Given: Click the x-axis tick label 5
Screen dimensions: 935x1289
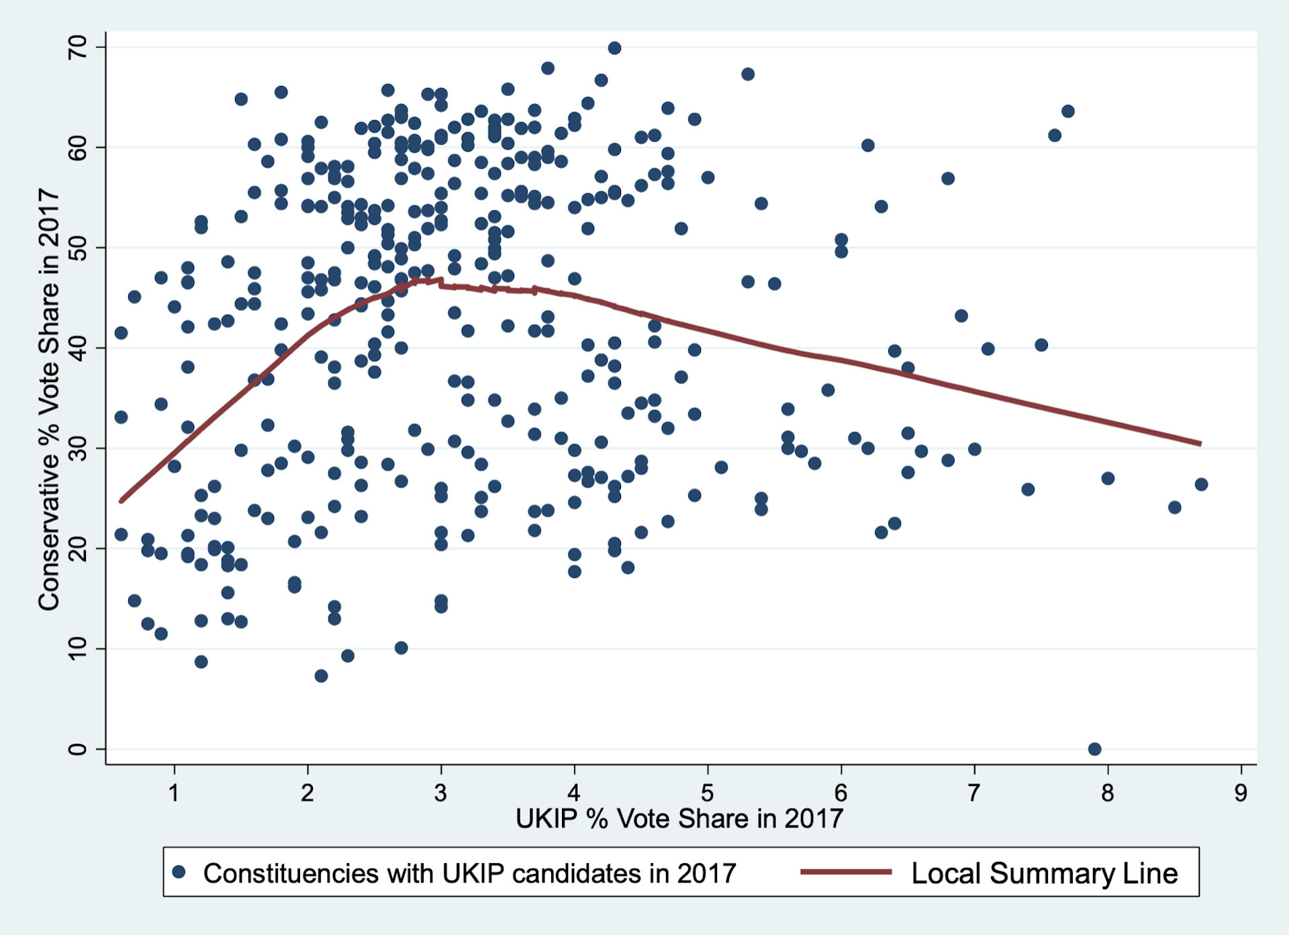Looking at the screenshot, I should coord(707,793).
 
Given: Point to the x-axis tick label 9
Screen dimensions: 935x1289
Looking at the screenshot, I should coord(1241,793).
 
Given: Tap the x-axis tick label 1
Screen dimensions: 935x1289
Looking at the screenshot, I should coord(174,793).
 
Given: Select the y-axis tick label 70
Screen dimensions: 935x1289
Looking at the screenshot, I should coord(77,47).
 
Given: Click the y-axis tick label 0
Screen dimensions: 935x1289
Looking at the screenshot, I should coord(77,749).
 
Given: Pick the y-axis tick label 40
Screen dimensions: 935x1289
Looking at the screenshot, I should coord(77,348).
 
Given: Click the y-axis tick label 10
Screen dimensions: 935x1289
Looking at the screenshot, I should coord(77,648).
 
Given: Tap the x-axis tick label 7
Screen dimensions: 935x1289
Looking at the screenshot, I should coord(973,793).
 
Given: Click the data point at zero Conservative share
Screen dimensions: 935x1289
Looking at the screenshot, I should coord(1094,749).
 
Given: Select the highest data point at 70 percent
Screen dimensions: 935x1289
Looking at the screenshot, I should coord(614,48).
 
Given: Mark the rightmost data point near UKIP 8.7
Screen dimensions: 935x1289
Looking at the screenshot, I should coord(1201,485).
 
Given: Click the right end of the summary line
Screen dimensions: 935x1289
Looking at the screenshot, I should coord(1200,444).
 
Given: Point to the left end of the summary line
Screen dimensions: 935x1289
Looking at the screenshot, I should coord(122,501).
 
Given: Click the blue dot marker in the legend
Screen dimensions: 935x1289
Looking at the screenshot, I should coord(179,872).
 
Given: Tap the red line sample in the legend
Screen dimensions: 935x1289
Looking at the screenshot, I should coord(846,872).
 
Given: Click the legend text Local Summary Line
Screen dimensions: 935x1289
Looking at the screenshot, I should coord(1044,873).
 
